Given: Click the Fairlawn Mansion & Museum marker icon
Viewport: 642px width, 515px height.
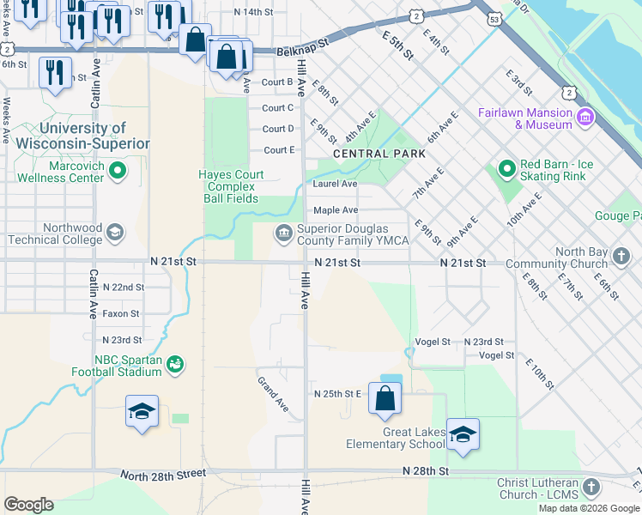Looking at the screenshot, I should [585, 116].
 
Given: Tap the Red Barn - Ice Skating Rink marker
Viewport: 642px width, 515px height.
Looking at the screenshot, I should [506, 167].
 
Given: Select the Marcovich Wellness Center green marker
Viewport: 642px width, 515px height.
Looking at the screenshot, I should [118, 172].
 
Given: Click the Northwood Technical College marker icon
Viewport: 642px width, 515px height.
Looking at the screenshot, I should [115, 232].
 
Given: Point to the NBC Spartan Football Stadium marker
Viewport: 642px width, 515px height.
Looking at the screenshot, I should [175, 365].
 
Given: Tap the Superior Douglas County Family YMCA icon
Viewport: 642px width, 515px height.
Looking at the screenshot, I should [283, 233].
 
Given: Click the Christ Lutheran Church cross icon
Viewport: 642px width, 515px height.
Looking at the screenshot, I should [590, 488].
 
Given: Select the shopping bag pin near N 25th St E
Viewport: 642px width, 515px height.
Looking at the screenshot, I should [385, 397].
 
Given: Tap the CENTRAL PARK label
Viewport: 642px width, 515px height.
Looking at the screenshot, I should [379, 154].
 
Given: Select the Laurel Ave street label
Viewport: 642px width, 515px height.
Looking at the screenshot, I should [336, 184].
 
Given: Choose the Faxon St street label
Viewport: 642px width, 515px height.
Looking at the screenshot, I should [121, 314].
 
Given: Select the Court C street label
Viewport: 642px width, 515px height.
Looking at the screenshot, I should [278, 108].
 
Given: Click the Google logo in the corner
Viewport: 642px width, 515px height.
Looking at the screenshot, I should [28, 504].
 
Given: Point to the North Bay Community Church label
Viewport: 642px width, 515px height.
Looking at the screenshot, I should [557, 257].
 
